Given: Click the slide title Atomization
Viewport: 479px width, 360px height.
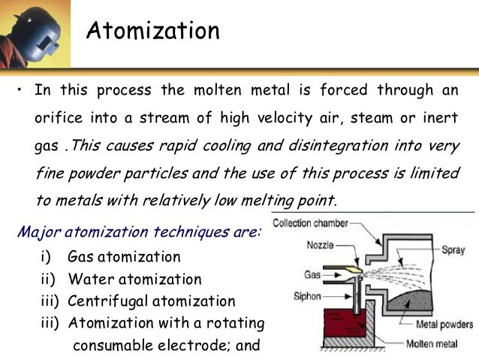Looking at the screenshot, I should pyautogui.click(x=152, y=31).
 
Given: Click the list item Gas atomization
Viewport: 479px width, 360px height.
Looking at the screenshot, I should pyautogui.click(x=124, y=257).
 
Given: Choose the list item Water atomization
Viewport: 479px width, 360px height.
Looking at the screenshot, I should pyautogui.click(x=134, y=279).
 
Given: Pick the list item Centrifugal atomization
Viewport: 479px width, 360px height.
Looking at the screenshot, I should pyautogui.click(x=151, y=301).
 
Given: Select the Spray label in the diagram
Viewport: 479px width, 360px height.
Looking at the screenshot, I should pyautogui.click(x=453, y=249).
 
